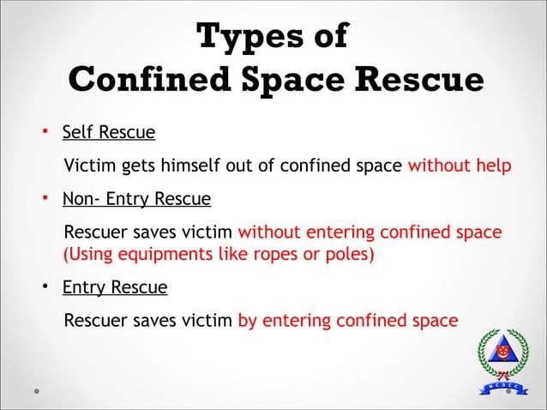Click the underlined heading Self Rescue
[109, 133]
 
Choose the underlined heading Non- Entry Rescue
[136, 200]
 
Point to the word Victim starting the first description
[93, 166]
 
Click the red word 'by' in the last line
[247, 321]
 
